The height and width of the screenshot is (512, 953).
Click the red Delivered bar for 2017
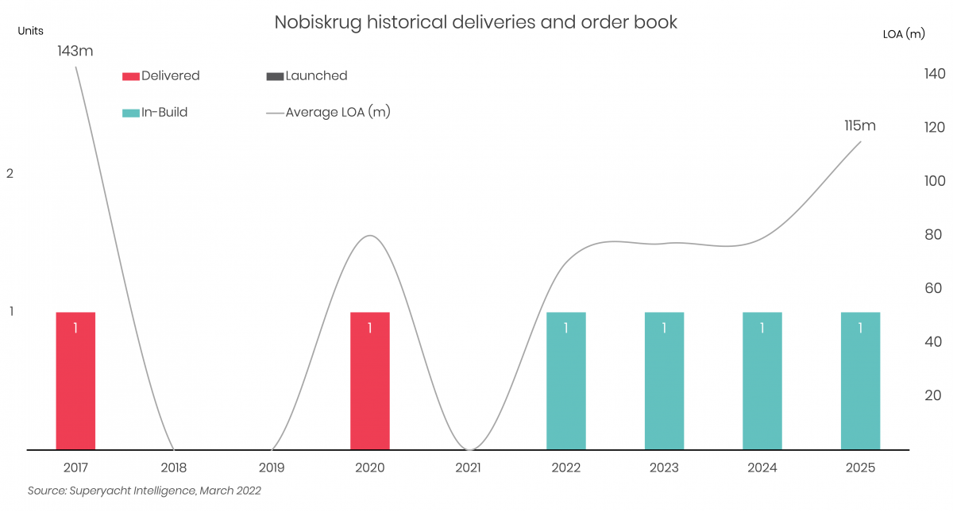75,381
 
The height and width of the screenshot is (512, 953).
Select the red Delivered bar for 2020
370,381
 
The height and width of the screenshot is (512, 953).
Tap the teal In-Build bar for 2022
565,381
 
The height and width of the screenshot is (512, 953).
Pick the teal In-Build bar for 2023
664,381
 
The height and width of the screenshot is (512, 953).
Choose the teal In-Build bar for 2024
762,381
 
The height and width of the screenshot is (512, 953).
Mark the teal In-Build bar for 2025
860,381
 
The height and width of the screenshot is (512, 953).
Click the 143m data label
75,51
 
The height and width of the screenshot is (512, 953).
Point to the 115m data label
860,125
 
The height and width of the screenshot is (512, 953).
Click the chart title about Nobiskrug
476,22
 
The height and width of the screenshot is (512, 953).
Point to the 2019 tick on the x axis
272,468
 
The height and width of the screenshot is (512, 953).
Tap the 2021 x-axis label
468,468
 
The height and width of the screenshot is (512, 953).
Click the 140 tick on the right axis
934,74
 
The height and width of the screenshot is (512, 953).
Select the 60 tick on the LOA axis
934,288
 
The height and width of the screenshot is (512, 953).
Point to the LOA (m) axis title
904,33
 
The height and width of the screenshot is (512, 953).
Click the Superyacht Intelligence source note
144,491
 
